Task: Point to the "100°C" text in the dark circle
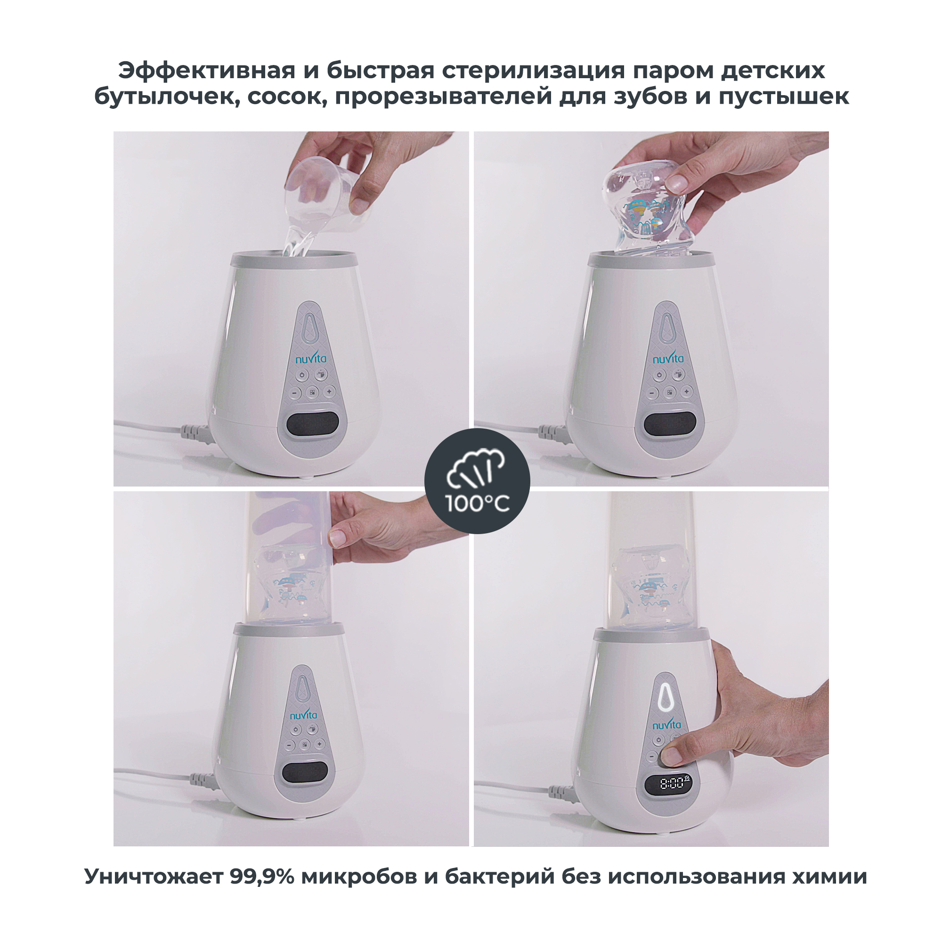pyautogui.click(x=477, y=503)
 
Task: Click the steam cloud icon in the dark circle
pyautogui.click(x=476, y=469)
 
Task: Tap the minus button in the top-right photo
pyautogui.click(x=652, y=393)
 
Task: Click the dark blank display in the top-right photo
pyautogui.click(x=669, y=423)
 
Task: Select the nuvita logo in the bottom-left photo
pyautogui.click(x=303, y=715)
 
